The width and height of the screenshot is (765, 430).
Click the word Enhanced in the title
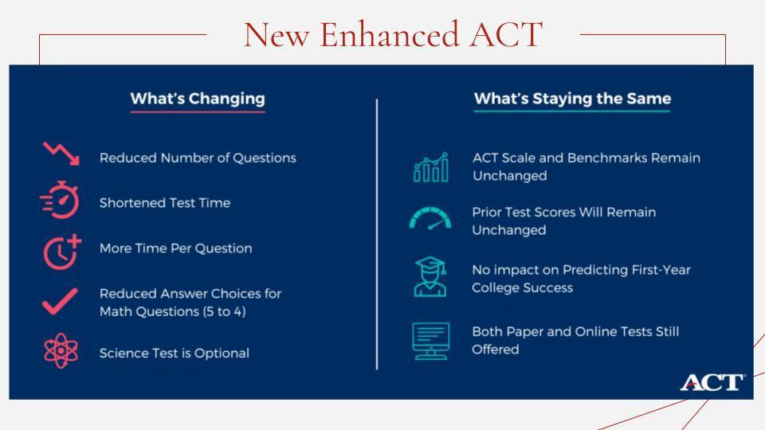click(x=390, y=34)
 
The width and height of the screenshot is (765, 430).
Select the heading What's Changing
click(x=198, y=99)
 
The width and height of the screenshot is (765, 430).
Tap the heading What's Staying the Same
click(x=572, y=99)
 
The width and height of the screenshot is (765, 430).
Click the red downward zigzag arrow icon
click(x=61, y=154)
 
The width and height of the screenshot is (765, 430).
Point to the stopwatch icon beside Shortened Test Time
click(x=60, y=200)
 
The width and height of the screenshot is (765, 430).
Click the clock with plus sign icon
click(x=62, y=252)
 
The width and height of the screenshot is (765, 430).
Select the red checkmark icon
click(x=60, y=301)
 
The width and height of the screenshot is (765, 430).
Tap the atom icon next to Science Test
click(x=61, y=350)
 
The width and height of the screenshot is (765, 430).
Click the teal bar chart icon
click(x=431, y=167)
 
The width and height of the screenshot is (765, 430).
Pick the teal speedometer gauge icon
click(x=430, y=218)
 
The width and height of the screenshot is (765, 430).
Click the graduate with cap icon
click(x=430, y=276)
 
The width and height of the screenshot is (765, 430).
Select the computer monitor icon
click(x=430, y=342)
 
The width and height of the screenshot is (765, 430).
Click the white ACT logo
click(x=712, y=382)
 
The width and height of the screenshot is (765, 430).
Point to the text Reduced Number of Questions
click(x=198, y=158)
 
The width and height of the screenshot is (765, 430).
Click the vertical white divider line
click(x=377, y=234)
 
